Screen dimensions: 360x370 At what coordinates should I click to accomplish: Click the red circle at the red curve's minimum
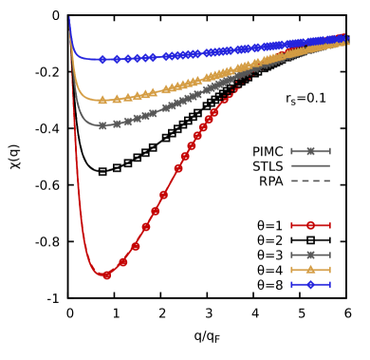pyautogui.click(x=106, y=275)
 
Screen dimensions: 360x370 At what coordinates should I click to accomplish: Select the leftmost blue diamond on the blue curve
pyautogui.click(x=102, y=59)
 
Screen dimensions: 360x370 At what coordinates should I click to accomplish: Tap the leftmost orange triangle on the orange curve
pyautogui.click(x=102, y=100)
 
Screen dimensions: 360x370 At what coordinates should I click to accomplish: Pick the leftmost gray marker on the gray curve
pyautogui.click(x=102, y=125)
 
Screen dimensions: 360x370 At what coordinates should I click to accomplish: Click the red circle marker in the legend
pyautogui.click(x=310, y=225)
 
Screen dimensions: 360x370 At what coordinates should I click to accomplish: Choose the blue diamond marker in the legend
pyautogui.click(x=310, y=284)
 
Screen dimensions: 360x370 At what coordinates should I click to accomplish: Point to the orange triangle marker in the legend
pyautogui.click(x=310, y=270)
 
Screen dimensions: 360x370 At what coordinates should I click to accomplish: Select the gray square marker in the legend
pyautogui.click(x=310, y=255)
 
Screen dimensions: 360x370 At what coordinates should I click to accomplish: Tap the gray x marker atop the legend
pyautogui.click(x=310, y=151)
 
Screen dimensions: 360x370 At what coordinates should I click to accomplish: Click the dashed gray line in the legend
pyautogui.click(x=310, y=180)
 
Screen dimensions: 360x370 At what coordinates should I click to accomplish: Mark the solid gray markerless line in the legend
pyautogui.click(x=310, y=165)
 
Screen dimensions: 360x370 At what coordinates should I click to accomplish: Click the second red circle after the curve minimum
pyautogui.click(x=136, y=246)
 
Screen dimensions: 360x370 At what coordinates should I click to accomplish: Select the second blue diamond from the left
pyautogui.click(x=117, y=59)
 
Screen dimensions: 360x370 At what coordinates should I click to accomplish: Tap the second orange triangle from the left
pyautogui.click(x=117, y=99)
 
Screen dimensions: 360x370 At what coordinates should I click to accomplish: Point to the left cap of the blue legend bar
pyautogui.click(x=292, y=284)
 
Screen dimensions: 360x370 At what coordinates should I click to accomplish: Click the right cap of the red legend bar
pyautogui.click(x=329, y=225)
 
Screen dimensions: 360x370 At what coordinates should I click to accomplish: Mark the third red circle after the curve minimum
pyautogui.click(x=146, y=227)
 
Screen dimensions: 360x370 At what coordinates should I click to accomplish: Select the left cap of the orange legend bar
pyautogui.click(x=292, y=270)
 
